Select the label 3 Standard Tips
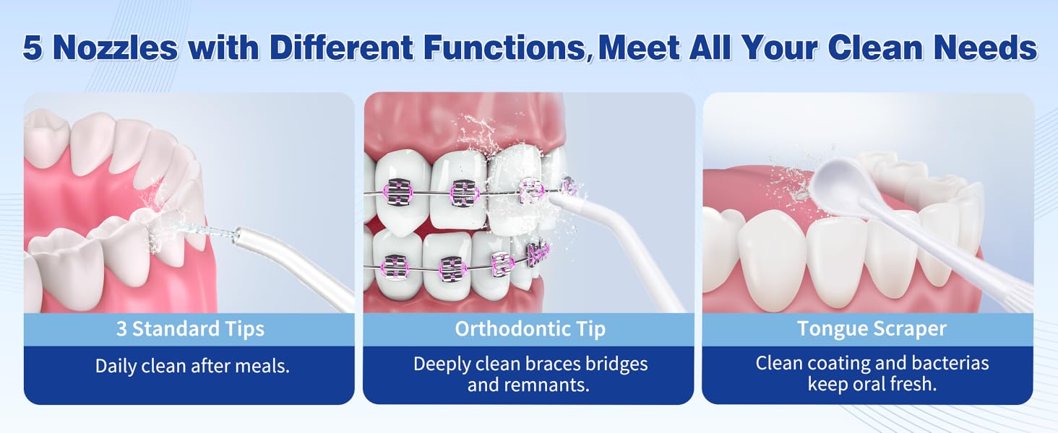click(x=190, y=329)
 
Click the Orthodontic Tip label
click(x=530, y=329)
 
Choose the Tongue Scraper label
click(x=872, y=329)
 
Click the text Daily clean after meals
click(x=192, y=366)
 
